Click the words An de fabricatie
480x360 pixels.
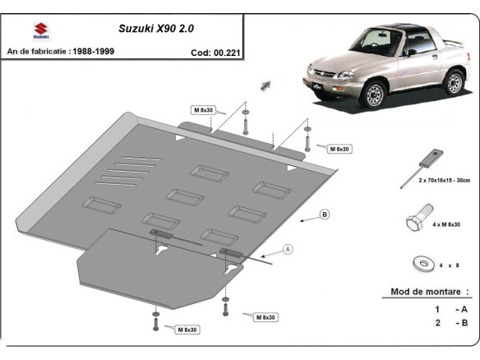click(38, 51)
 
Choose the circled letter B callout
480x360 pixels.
click(325, 215)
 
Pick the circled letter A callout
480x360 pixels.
click(288, 248)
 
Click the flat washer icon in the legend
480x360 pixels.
click(422, 263)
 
